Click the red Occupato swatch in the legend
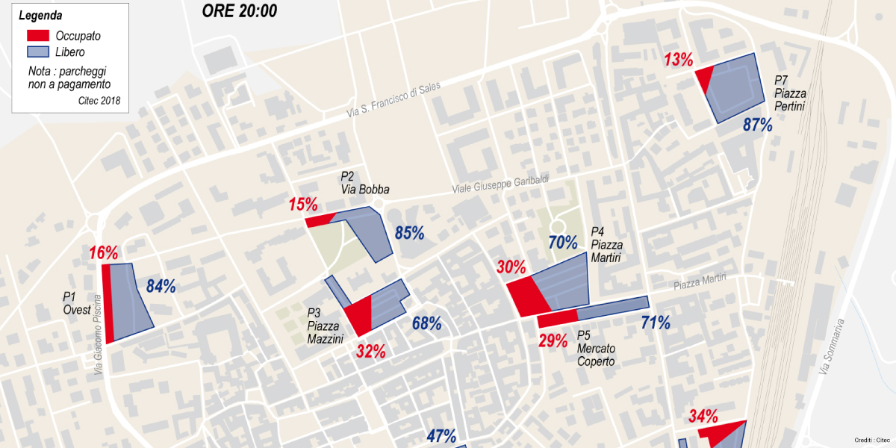click(37, 35)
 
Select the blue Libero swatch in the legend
click(37, 52)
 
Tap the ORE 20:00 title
click(240, 10)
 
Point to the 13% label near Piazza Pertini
click(678, 60)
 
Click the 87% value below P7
click(757, 125)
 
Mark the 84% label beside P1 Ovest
click(161, 286)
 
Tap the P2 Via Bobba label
click(364, 183)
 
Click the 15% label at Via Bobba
click(303, 205)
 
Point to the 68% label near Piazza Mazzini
click(426, 324)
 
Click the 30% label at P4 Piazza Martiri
click(511, 267)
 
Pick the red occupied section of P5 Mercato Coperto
click(556, 320)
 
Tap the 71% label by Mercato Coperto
click(655, 323)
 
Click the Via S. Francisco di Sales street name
click(393, 99)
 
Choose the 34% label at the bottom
click(703, 417)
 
